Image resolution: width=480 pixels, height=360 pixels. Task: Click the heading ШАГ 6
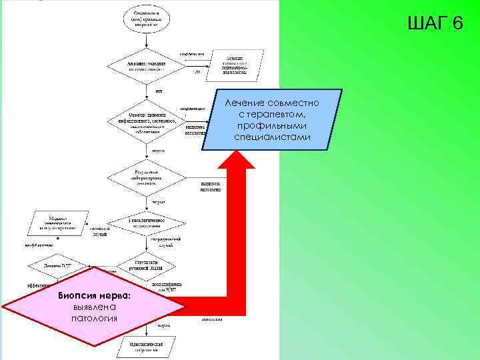[435, 24]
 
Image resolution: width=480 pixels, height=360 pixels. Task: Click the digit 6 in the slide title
[457, 24]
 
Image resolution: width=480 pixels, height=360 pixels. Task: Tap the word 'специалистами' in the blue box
[272, 136]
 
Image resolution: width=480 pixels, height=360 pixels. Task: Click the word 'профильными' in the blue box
[272, 125]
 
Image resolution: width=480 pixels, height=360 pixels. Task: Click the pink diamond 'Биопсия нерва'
[93, 306]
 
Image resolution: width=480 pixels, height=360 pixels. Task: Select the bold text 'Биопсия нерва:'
[93, 295]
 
